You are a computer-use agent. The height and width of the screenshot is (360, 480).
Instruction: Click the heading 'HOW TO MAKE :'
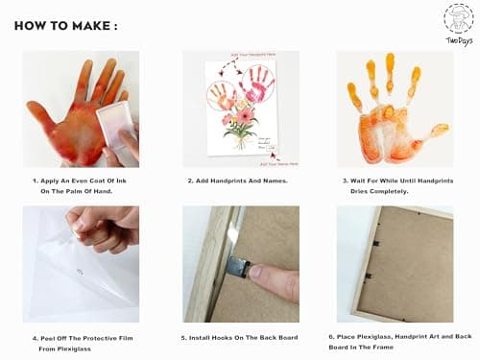tap(66, 26)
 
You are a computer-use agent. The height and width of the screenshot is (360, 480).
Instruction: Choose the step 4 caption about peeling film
tap(82, 344)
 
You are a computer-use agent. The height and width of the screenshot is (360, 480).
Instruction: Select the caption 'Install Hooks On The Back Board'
tap(240, 338)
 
